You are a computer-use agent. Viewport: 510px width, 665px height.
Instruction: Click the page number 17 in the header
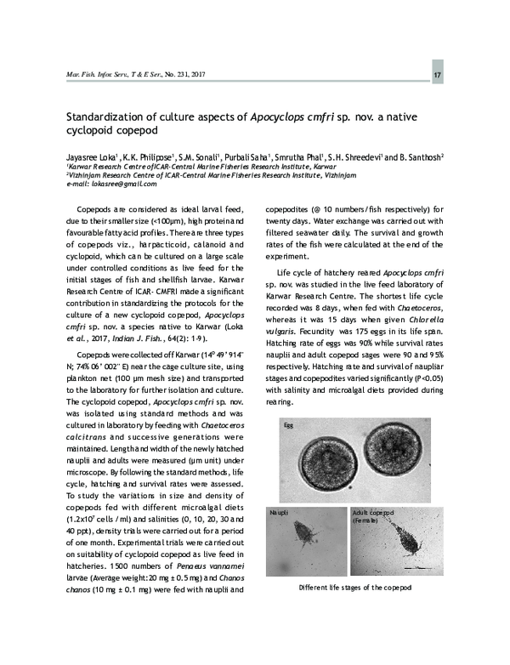437,78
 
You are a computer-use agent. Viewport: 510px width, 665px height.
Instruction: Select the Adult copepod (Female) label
375,518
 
